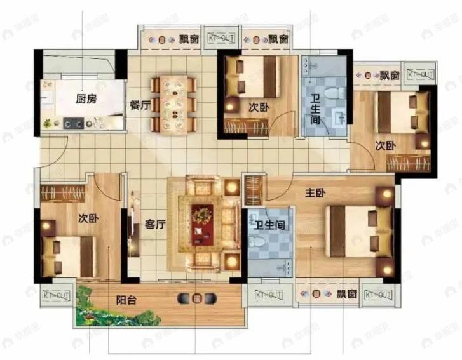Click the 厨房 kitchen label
point(86,99)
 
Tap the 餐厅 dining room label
point(140,106)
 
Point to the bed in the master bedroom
point(359,231)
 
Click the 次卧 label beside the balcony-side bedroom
point(87,218)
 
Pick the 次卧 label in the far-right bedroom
point(384,145)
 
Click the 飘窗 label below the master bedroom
point(346,295)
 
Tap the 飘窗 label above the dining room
point(189,39)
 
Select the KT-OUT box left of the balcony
point(57,295)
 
